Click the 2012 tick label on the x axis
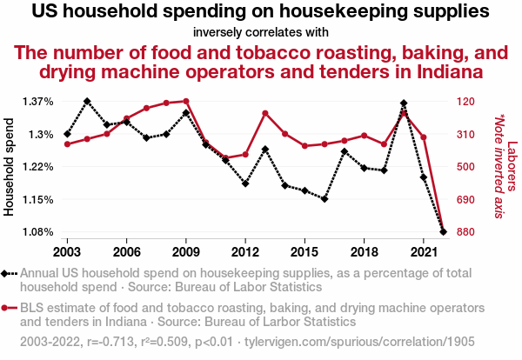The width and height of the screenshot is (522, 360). tap(245, 251)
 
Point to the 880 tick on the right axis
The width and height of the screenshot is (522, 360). tap(468, 232)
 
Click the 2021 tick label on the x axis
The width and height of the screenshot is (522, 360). tap(423, 251)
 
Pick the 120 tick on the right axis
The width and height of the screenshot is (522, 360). tap(468, 102)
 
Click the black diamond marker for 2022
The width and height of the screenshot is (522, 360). tap(443, 232)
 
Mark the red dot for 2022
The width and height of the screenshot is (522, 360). tap(443, 231)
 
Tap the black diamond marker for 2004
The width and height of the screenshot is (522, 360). tap(87, 101)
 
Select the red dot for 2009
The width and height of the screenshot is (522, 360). tap(186, 101)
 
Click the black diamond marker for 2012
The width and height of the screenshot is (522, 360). tap(245, 183)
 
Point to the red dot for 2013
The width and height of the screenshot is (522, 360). tap(265, 113)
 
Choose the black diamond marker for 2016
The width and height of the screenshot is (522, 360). tap(325, 199)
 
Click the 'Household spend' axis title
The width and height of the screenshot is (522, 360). tap(10, 167)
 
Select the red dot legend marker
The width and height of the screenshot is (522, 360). tap(10, 308)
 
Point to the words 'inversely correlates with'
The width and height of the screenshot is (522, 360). tap(261, 32)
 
